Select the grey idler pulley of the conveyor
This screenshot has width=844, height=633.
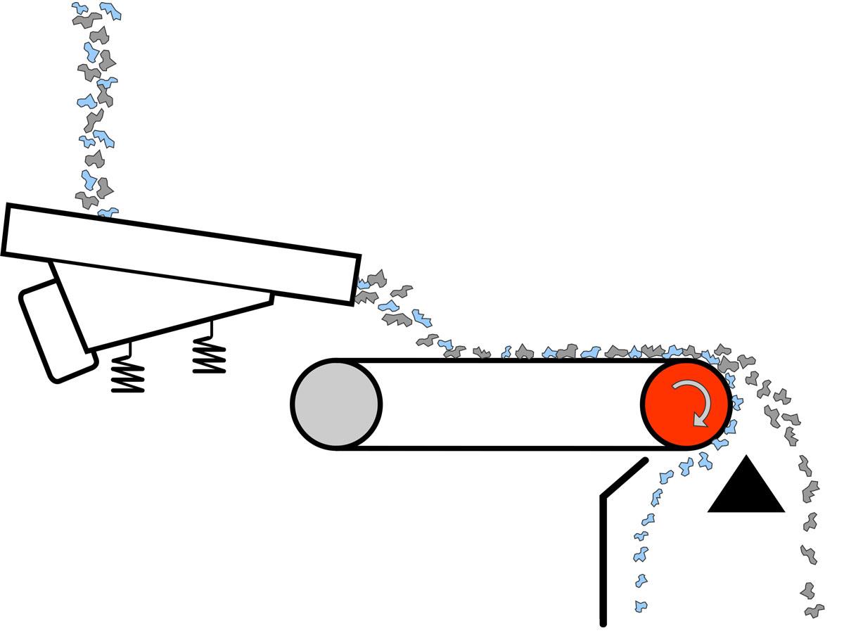(x=336, y=404)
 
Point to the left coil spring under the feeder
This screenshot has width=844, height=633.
(x=128, y=373)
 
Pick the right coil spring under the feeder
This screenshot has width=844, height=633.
(x=209, y=354)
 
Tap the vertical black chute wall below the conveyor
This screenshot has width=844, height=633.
(x=603, y=556)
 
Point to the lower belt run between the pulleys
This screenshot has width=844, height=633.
(x=492, y=447)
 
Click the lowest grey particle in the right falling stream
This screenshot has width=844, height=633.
(x=814, y=610)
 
